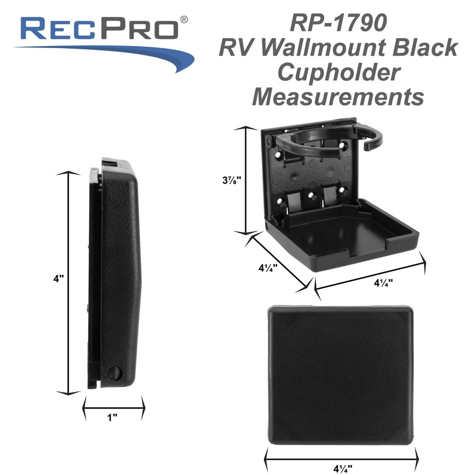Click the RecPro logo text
click(x=100, y=29)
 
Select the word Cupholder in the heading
click(x=338, y=73)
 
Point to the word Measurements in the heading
click(x=338, y=97)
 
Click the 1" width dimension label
click(x=113, y=418)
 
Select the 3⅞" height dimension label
click(x=232, y=180)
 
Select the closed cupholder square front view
click(x=341, y=375)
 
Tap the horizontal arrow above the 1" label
click(x=114, y=405)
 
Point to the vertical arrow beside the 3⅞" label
click(x=246, y=180)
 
